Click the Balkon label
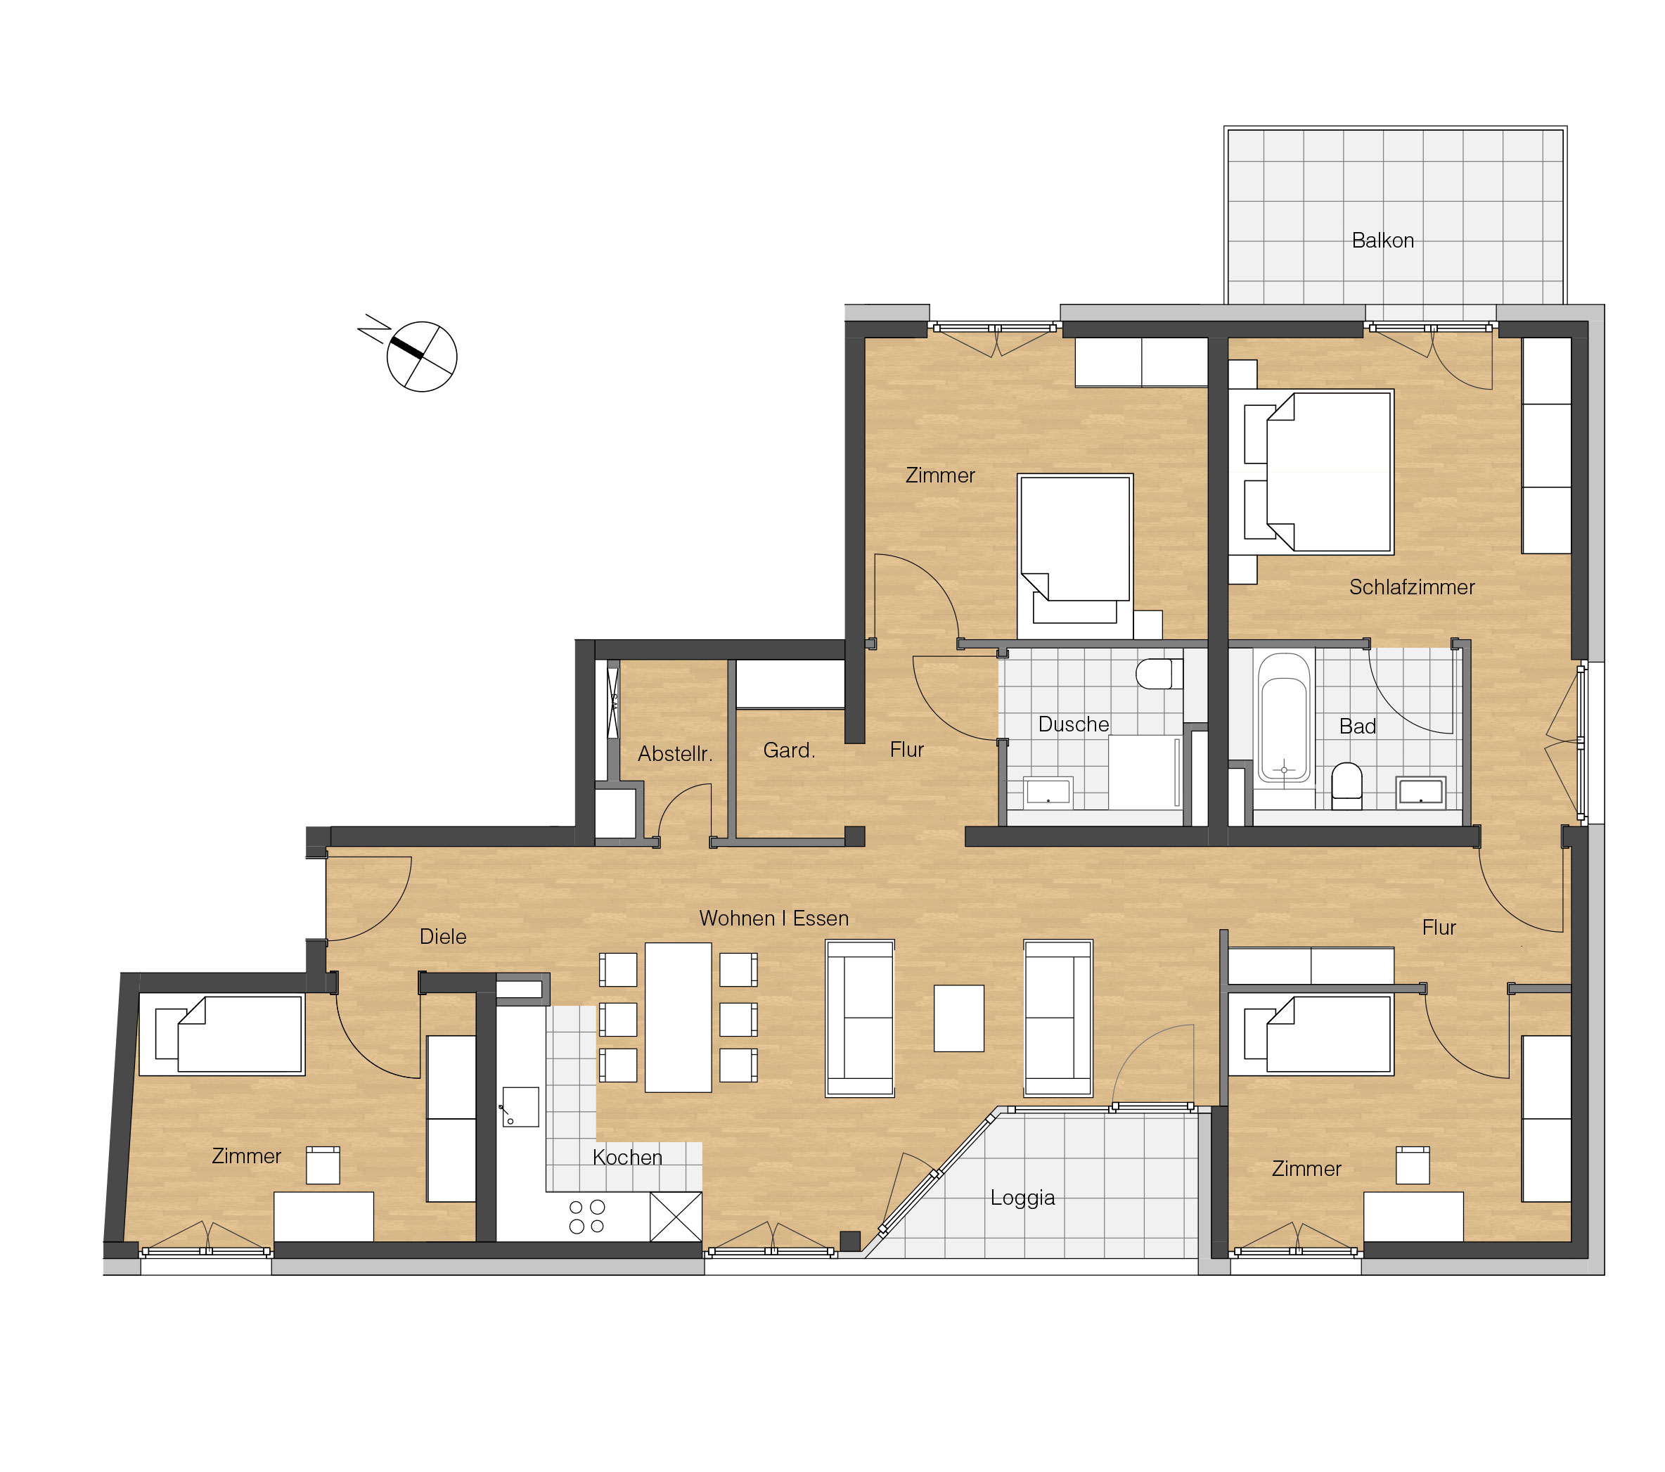[1382, 241]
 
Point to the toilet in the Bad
[1346, 786]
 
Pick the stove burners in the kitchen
[586, 1216]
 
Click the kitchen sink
[520, 1107]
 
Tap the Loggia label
[1022, 1198]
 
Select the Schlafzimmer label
[1412, 587]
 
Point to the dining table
[678, 1018]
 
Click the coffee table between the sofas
[959, 1018]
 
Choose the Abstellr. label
[674, 753]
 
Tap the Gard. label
[788, 750]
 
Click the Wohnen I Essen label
[774, 918]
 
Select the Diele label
[442, 937]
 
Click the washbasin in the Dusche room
[1048, 791]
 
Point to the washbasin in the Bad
[1420, 793]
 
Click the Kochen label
[627, 1158]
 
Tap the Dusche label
[1074, 724]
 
